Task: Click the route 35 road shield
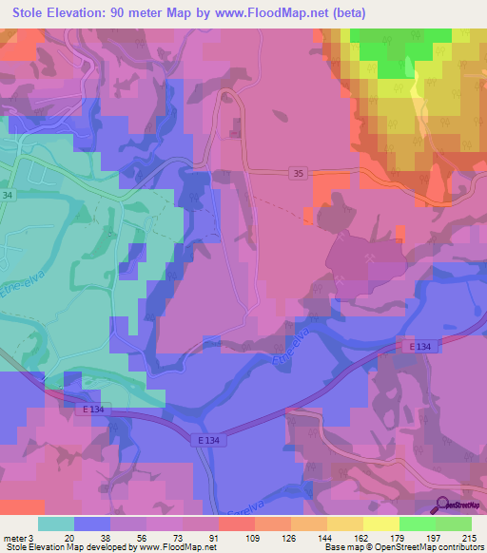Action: pos(298,173)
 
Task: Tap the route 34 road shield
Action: pos(9,195)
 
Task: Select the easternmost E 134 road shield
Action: pos(422,348)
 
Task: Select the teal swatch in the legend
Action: pos(56,524)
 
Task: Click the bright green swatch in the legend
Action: pos(418,524)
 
